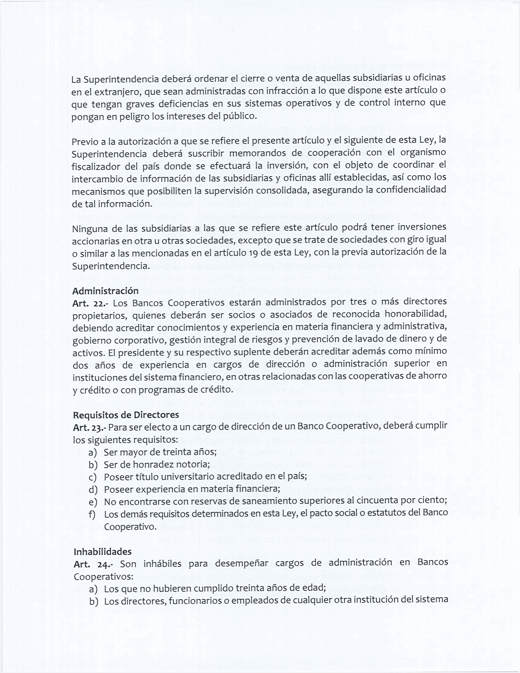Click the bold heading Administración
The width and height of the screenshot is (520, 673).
point(105,291)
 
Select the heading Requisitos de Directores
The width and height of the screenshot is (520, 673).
point(126,415)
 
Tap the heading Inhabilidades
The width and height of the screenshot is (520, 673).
point(102,551)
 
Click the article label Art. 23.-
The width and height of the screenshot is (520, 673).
point(89,428)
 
